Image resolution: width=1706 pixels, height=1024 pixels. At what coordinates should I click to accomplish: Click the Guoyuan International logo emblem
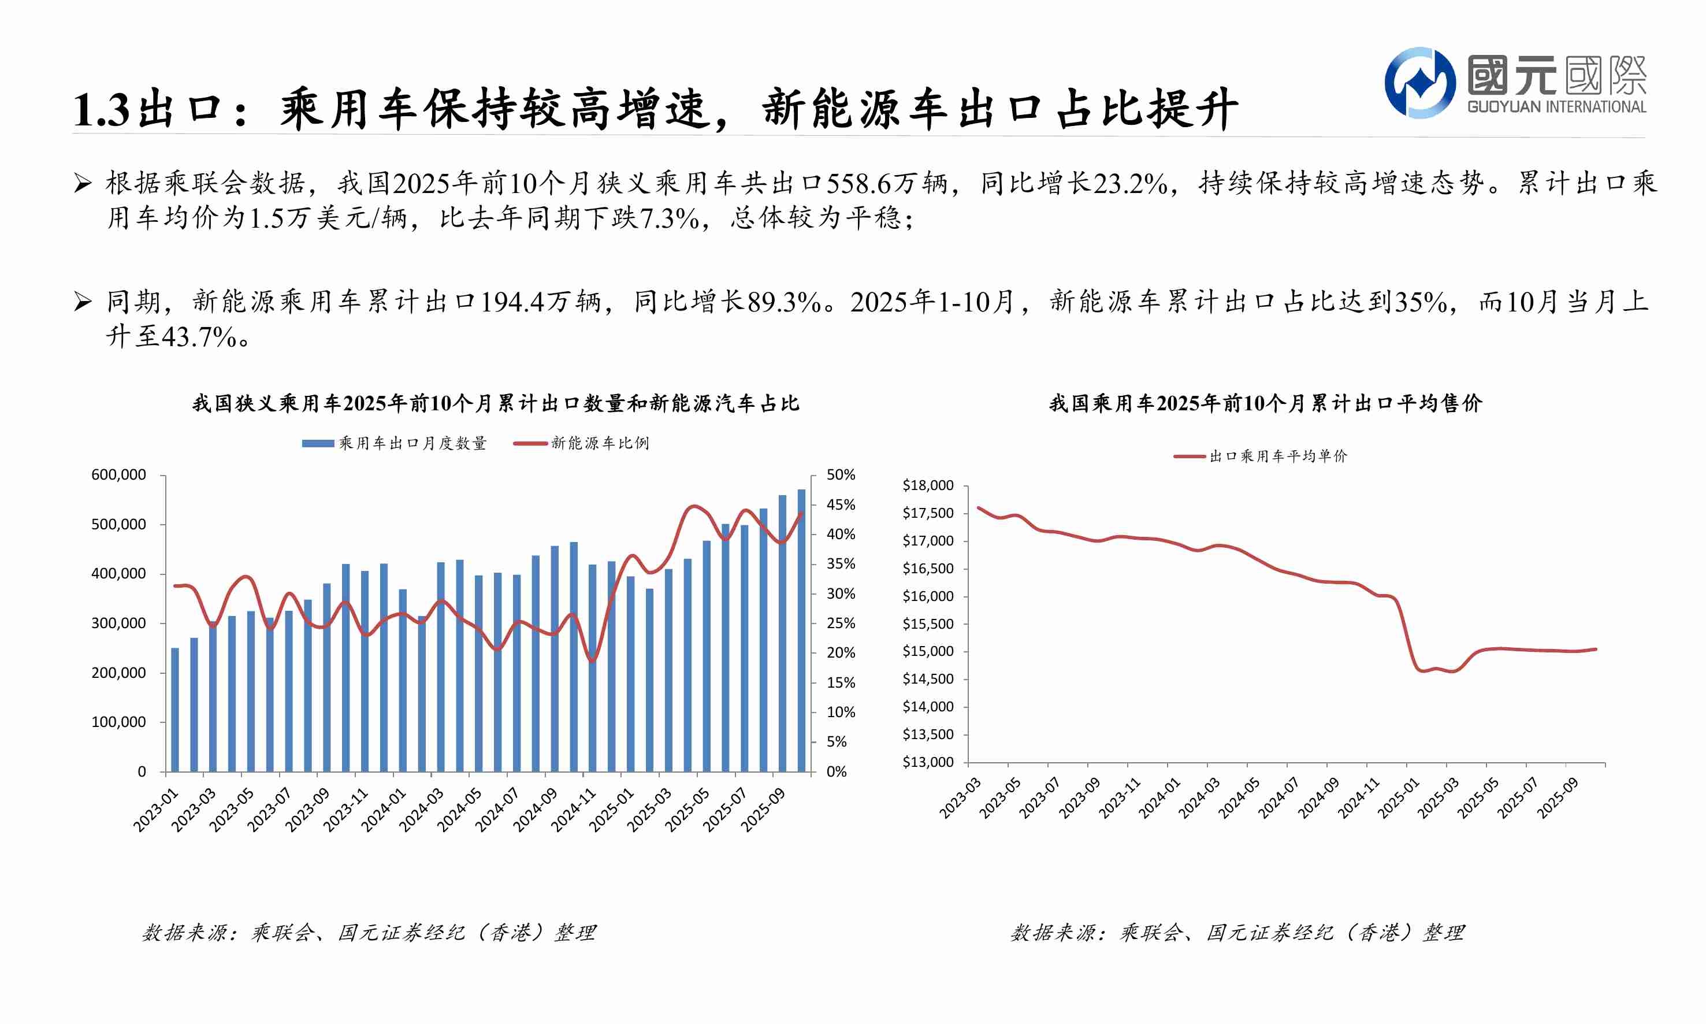1419,83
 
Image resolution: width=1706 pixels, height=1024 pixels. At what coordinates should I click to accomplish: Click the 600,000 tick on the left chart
118,475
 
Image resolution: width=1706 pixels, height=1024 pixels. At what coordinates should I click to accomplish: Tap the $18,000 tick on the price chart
928,485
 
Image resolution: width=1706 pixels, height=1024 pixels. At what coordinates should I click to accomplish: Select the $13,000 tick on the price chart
928,762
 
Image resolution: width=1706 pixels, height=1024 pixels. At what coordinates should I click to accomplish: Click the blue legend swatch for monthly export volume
318,443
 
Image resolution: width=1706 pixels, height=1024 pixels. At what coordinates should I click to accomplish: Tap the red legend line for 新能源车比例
530,443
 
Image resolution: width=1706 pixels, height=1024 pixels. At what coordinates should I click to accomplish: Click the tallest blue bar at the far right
801,629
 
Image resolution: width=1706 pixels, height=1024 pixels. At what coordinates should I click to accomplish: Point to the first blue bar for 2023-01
174,710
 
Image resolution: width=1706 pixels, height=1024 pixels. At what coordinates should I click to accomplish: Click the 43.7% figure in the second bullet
199,337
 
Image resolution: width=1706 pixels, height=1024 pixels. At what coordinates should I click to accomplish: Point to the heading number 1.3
101,110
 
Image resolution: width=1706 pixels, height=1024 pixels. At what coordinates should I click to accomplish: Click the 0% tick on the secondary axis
836,771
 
